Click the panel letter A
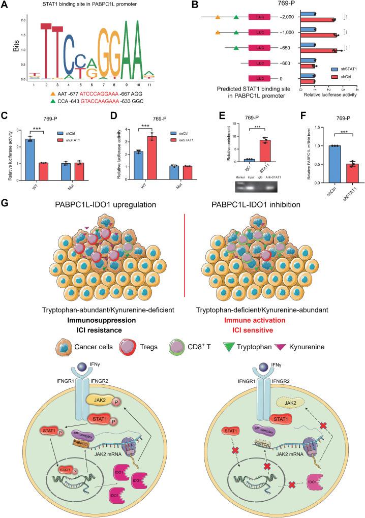tap(6, 5)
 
